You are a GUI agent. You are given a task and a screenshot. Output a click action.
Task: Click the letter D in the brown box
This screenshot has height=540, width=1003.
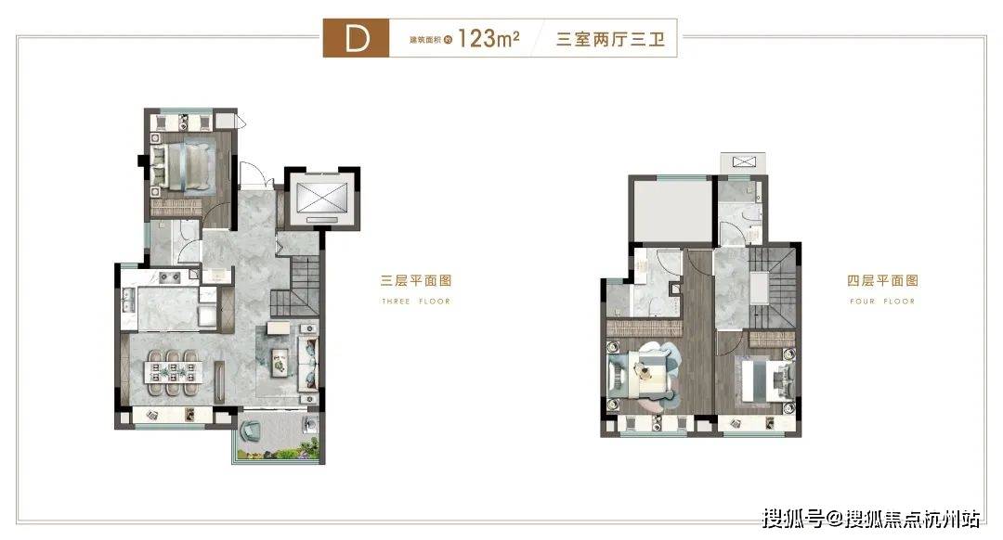click(357, 39)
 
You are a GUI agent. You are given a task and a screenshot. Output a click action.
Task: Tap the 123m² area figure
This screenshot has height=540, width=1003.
click(488, 38)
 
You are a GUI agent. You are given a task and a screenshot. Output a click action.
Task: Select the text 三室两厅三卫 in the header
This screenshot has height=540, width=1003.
click(610, 39)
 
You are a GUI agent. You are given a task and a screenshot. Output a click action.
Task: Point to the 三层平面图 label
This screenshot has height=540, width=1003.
click(416, 280)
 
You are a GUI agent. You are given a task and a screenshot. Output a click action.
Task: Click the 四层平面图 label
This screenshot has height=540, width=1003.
click(883, 280)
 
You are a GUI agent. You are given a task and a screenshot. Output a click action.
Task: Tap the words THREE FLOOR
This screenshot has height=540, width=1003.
click(416, 301)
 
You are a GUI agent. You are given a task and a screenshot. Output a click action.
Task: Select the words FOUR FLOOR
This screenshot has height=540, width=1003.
click(883, 301)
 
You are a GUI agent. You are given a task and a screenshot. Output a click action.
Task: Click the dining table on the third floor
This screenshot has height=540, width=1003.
click(173, 370)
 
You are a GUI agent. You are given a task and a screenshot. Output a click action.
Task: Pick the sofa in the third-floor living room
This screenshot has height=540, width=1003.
click(309, 363)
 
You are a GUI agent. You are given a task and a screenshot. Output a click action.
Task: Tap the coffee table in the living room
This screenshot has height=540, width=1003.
click(279, 362)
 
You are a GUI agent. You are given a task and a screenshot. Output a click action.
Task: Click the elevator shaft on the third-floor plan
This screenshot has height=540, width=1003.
click(321, 199)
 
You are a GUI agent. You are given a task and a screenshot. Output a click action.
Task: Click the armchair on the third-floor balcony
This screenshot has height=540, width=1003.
click(249, 431)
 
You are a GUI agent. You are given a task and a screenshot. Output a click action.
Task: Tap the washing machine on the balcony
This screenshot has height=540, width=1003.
click(310, 423)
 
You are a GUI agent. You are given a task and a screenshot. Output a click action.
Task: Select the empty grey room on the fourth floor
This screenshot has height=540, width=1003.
click(671, 211)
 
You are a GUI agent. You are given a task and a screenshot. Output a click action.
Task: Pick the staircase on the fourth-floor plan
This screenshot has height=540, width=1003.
click(773, 288)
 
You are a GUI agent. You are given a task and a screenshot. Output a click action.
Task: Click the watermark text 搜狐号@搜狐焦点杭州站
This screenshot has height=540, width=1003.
click(870, 518)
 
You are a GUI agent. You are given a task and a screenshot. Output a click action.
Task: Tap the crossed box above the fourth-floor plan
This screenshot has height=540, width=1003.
click(743, 161)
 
